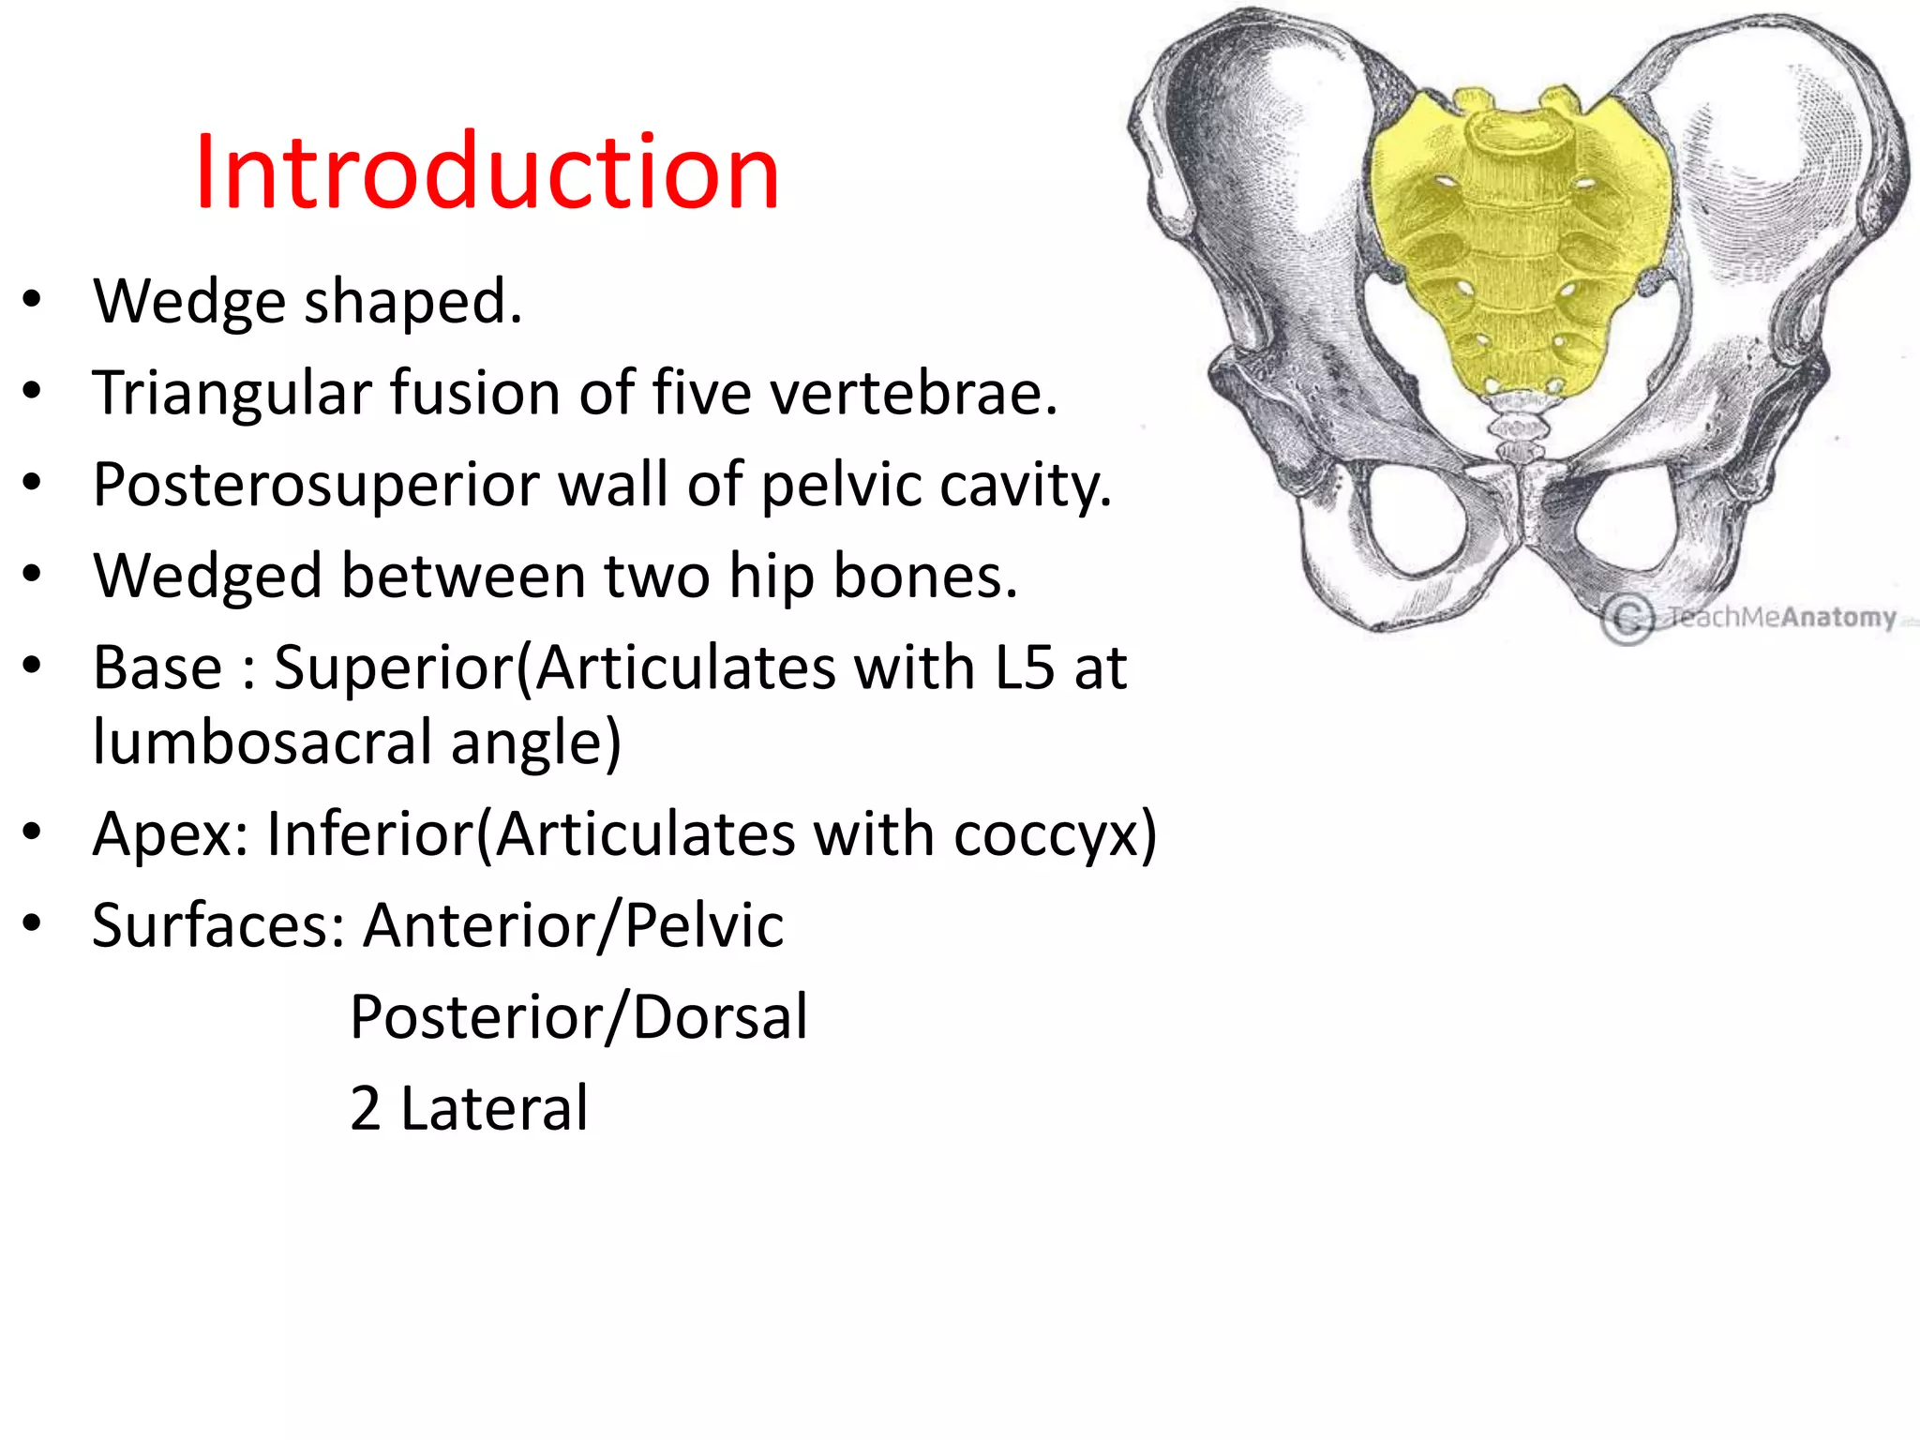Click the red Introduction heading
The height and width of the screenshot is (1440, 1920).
(487, 172)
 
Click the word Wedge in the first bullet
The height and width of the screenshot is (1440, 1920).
(188, 302)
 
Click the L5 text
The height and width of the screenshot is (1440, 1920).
(1025, 667)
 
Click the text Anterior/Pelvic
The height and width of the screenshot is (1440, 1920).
(573, 925)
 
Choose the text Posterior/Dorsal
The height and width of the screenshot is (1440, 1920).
(578, 1017)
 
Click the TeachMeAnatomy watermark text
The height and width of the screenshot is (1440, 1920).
(1780, 617)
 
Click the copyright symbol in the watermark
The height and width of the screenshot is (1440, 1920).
(1628, 619)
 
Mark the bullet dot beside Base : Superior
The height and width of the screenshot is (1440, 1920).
(33, 666)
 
